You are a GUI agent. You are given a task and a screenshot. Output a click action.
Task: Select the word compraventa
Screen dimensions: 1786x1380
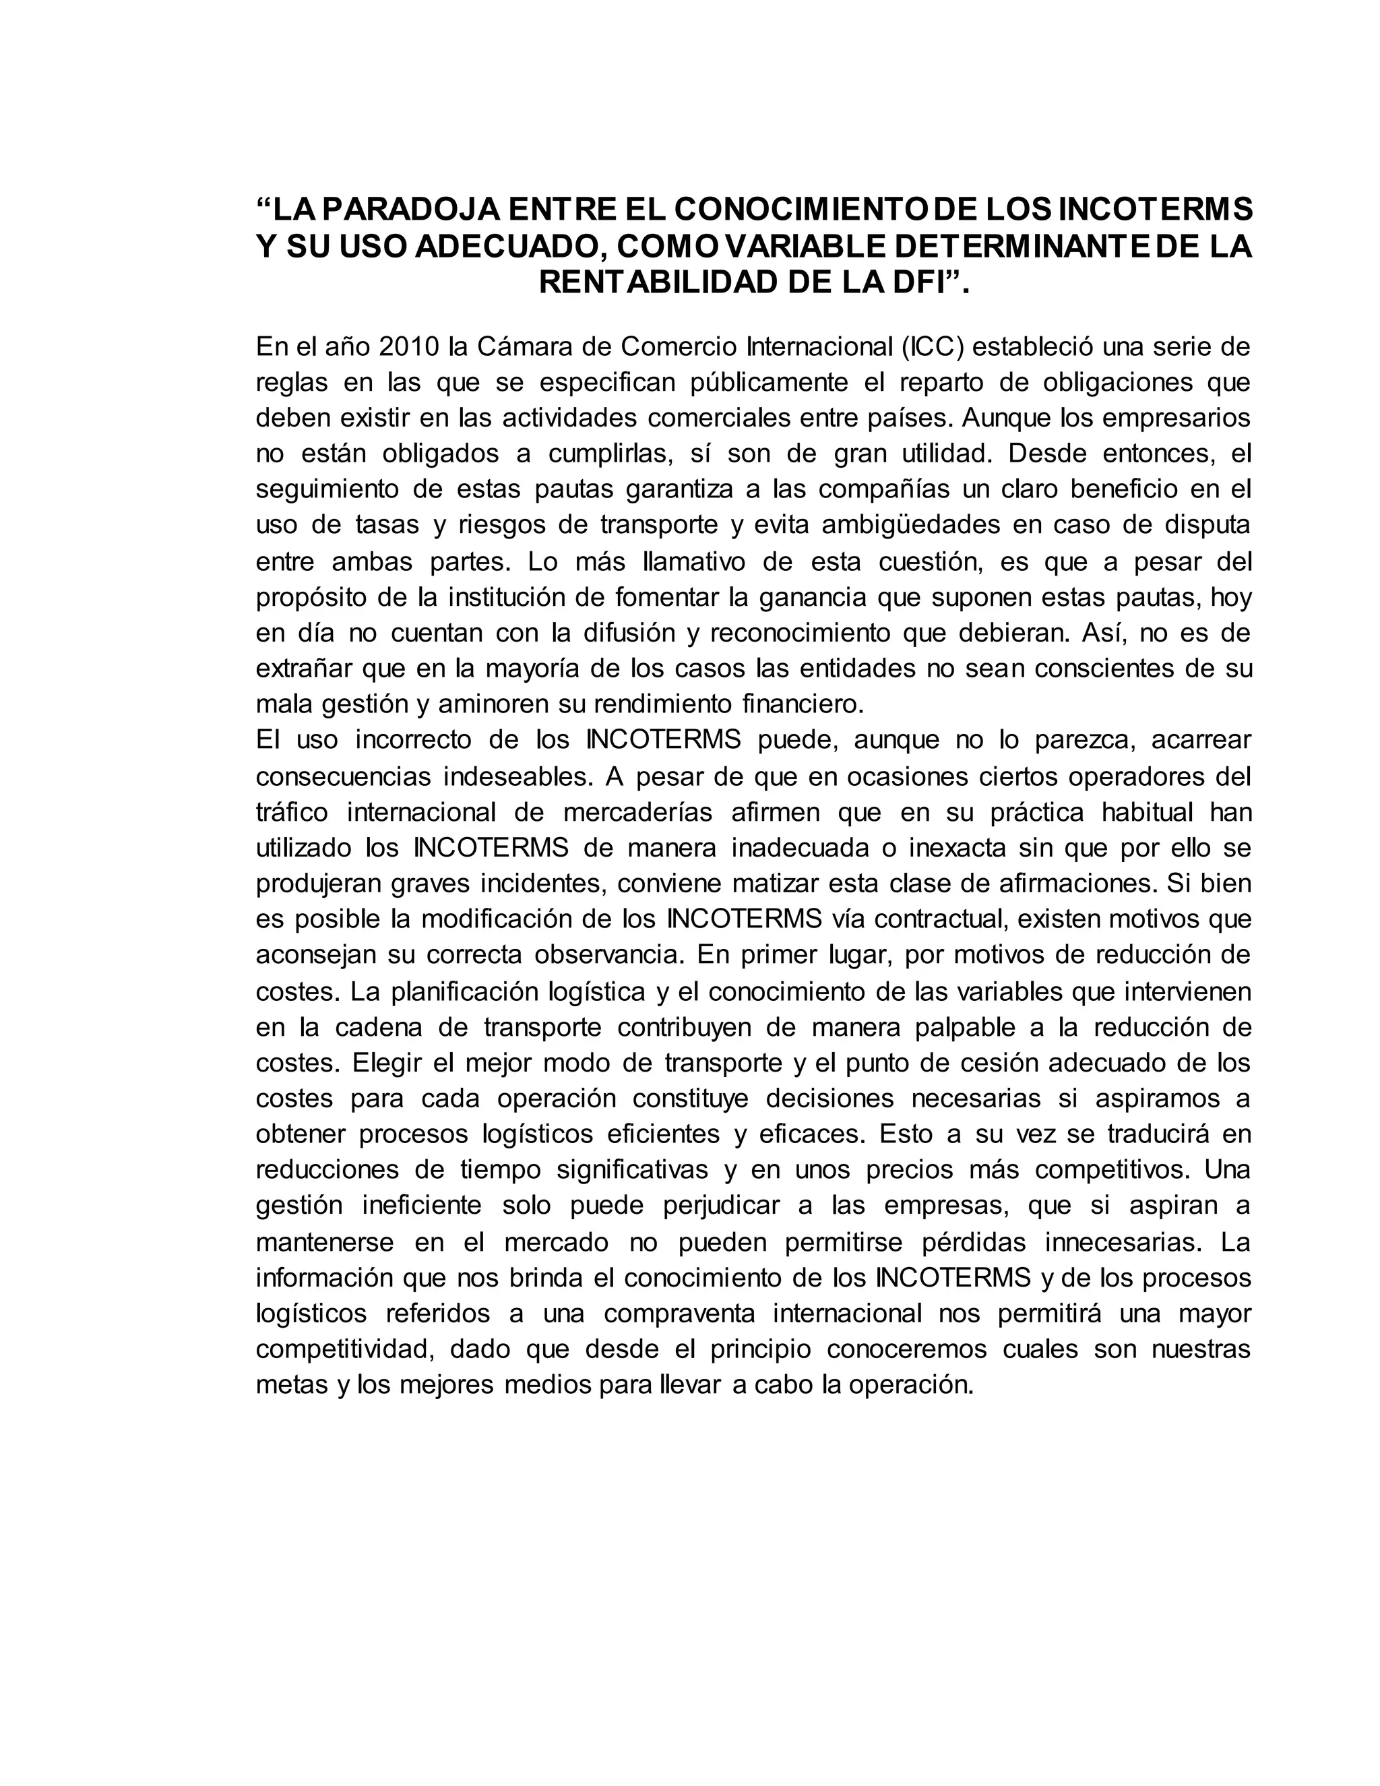tap(679, 1314)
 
